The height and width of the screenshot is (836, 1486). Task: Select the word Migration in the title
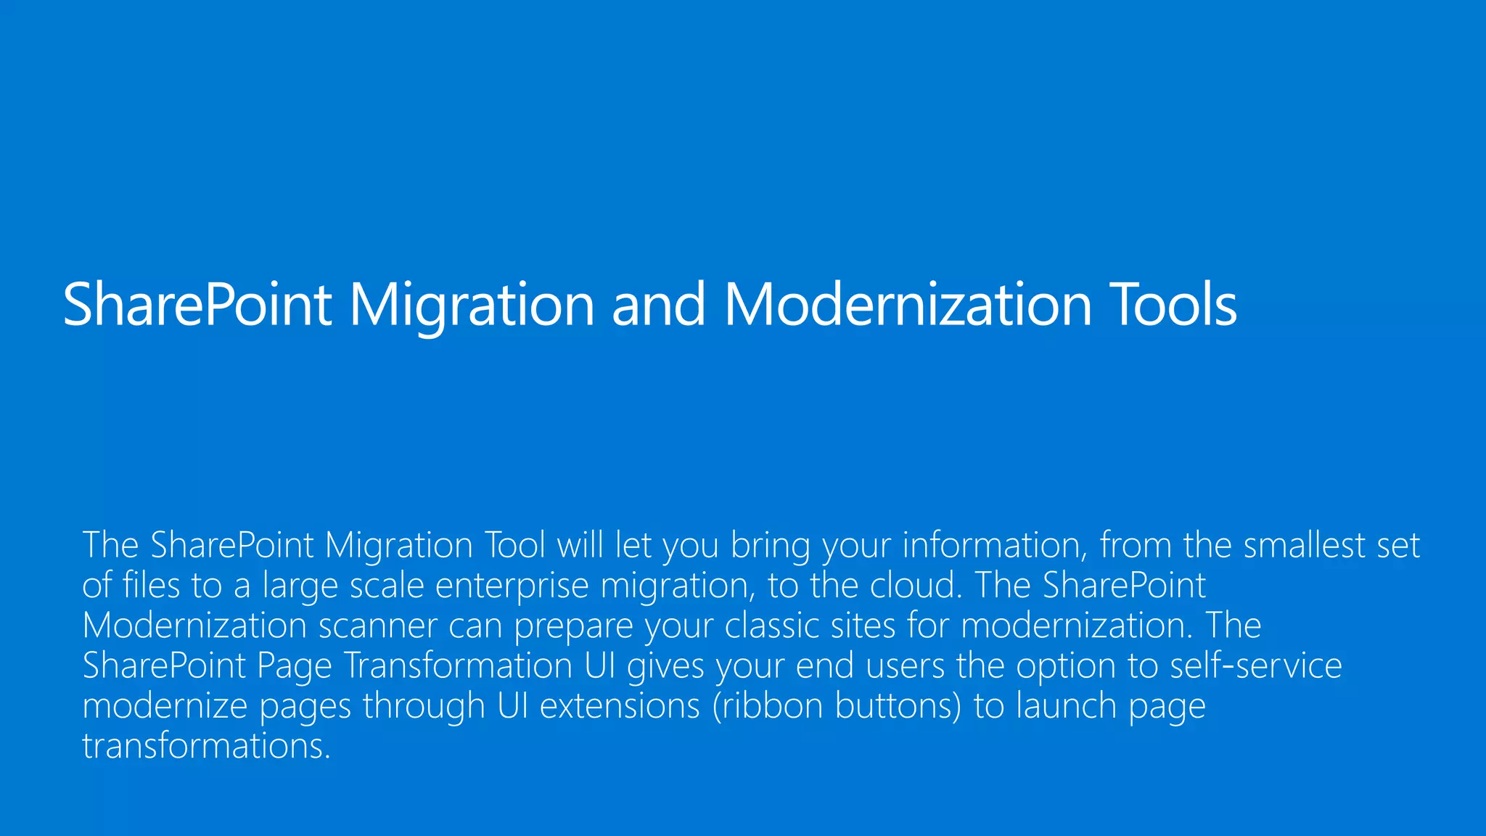472,305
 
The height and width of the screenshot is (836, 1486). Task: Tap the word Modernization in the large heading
908,305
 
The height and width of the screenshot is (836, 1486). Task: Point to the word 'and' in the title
658,305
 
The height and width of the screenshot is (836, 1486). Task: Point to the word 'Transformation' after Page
458,666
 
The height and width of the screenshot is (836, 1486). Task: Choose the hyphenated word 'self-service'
1256,666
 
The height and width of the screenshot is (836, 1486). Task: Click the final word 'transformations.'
207,746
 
